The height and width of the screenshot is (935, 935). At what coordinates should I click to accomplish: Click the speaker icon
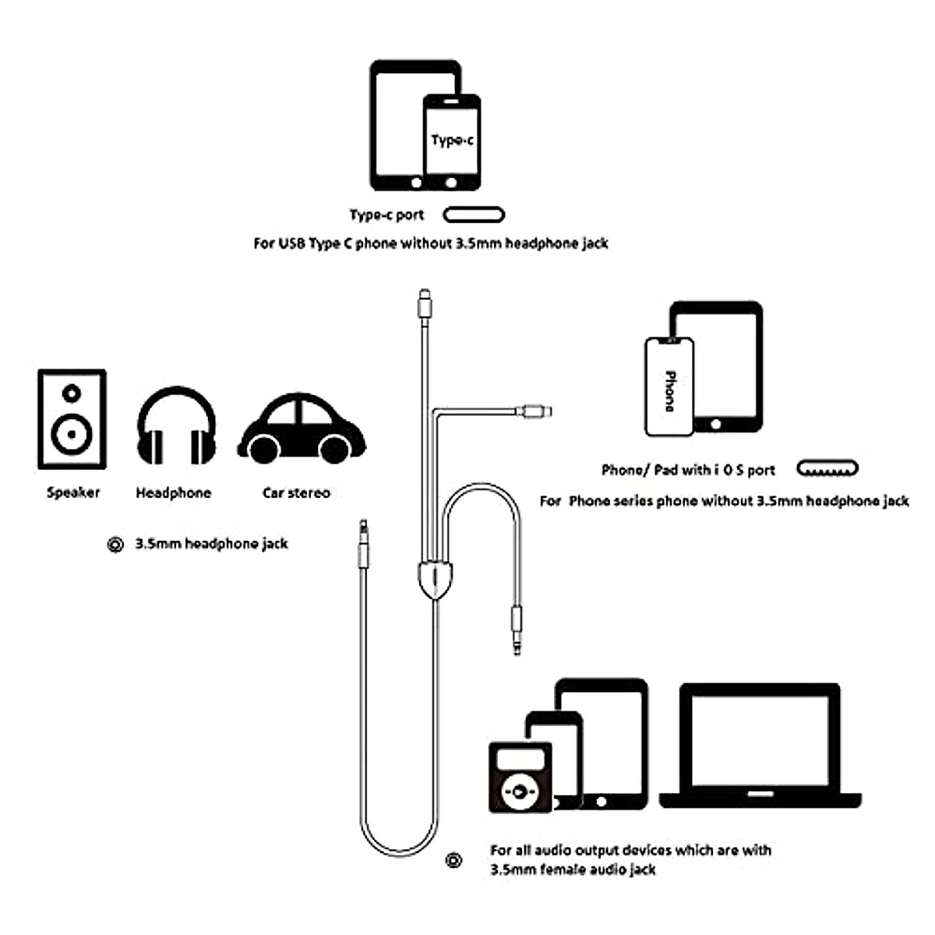pos(72,419)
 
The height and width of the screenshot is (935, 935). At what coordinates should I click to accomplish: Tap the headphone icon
pos(177,427)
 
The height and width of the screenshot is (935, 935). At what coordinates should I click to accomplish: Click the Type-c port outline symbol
pos(474,215)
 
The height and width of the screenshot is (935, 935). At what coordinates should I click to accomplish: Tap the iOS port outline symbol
pos(827,469)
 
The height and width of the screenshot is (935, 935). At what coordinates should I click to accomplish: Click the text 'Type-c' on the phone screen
pos(452,140)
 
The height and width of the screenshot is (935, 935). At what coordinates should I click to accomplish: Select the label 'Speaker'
pos(73,492)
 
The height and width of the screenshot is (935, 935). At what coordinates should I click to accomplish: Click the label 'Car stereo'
pos(296,492)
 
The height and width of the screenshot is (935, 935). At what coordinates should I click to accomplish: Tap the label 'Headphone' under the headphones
pos(173,492)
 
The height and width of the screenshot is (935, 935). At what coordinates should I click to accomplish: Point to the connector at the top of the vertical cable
pos(424,304)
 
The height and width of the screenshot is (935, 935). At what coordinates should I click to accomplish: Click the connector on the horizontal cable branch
pos(536,410)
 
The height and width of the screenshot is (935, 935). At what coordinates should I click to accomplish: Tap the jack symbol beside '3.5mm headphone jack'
pos(115,545)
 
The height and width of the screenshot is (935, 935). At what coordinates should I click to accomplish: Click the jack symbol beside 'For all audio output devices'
pos(454,860)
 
